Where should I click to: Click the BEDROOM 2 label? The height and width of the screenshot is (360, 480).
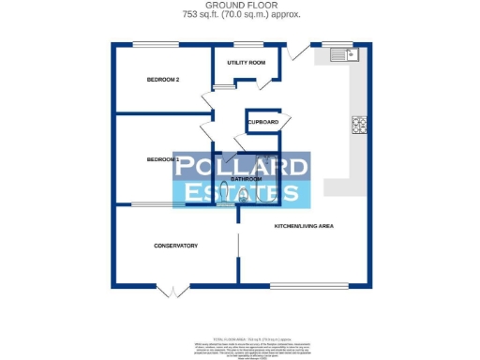coord(163,80)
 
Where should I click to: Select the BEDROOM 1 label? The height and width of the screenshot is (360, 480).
coord(163,160)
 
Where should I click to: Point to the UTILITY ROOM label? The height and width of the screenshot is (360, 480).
coord(247,63)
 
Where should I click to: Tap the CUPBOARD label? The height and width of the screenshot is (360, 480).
coord(263,123)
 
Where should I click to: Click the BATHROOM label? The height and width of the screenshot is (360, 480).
coord(247,178)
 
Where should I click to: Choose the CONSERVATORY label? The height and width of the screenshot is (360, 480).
coord(175,246)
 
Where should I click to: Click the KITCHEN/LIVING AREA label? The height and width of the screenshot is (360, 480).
coord(304,227)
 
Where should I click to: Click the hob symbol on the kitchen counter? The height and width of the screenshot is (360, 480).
coord(359,125)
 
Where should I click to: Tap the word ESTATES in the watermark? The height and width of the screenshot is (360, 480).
coord(242,194)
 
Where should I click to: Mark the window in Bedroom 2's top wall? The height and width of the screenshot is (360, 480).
coord(154,44)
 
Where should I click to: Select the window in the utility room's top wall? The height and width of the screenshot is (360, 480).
coord(247,44)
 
